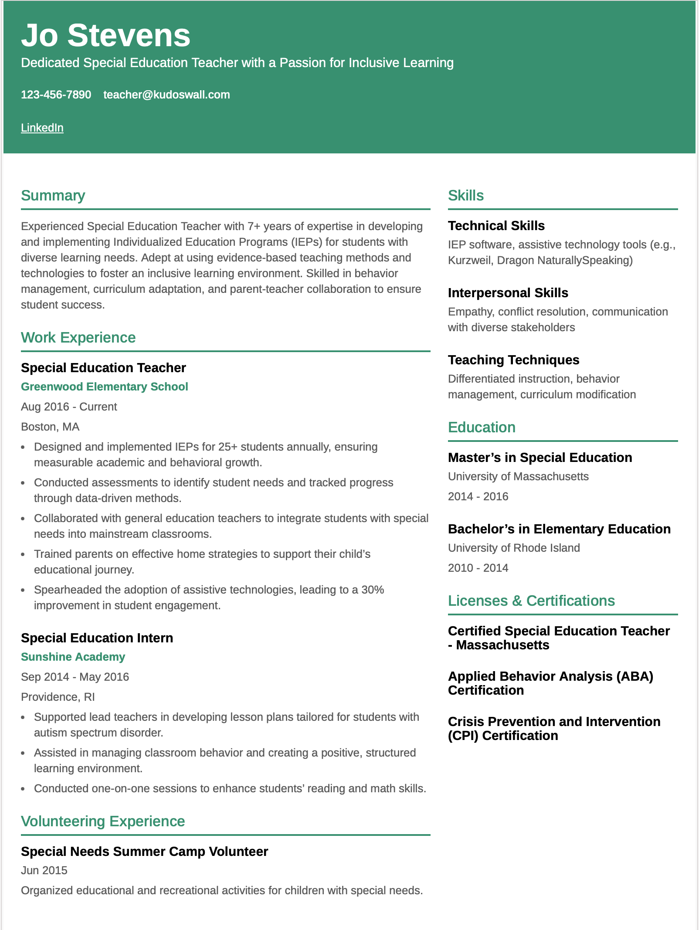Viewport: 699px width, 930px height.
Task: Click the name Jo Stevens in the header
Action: tap(105, 35)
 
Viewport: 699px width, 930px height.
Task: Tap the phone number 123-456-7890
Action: tap(56, 95)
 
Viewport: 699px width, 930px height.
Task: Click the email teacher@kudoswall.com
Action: tap(166, 95)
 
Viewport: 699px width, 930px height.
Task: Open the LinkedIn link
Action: tap(42, 128)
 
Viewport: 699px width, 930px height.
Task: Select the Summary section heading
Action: tap(53, 196)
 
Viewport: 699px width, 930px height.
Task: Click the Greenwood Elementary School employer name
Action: tap(104, 387)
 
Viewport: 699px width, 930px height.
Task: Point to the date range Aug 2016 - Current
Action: tap(69, 407)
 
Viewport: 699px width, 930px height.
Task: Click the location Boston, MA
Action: tap(50, 427)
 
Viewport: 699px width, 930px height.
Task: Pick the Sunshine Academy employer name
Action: tap(73, 657)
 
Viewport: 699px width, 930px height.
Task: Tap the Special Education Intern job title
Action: tap(97, 638)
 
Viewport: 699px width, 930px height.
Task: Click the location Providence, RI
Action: tap(58, 697)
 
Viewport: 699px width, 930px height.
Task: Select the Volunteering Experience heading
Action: tap(103, 821)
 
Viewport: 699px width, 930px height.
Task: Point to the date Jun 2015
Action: tap(44, 870)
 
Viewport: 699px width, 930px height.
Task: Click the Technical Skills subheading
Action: tap(496, 226)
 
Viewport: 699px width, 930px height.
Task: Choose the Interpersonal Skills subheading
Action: tap(508, 293)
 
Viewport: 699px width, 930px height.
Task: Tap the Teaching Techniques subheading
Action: tap(513, 360)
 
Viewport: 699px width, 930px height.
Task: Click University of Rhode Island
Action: tap(514, 548)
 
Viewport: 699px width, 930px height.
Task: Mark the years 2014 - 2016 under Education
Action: tap(478, 496)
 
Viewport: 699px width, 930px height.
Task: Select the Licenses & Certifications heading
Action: tap(531, 601)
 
